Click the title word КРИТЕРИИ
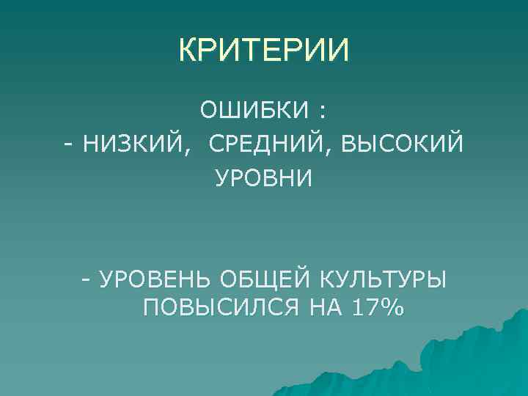point(264,51)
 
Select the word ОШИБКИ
point(254,111)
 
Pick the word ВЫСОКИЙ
point(400,144)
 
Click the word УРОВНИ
point(263,178)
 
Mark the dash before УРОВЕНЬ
point(87,279)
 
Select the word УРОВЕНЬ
point(155,279)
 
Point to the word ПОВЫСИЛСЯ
point(221,308)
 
